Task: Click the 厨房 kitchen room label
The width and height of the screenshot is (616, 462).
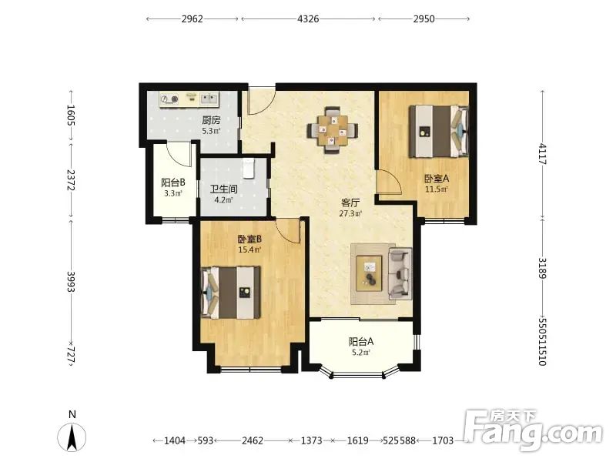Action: coord(211,120)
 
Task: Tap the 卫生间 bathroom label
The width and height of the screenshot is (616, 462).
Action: coord(223,189)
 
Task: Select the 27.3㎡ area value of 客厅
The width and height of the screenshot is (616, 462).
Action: coord(350,214)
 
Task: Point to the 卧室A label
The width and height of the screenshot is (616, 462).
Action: coord(437,179)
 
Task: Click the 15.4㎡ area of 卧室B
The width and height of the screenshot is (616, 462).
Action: coord(249,249)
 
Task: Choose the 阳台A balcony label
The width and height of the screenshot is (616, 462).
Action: coord(361,342)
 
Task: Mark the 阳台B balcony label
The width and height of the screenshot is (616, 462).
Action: coord(172,182)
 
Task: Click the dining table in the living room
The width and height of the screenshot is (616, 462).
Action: coord(333,129)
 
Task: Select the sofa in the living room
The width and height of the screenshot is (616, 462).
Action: coord(400,273)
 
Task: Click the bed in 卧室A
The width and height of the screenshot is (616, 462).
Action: coord(439,131)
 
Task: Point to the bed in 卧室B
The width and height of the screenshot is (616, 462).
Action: coord(230,293)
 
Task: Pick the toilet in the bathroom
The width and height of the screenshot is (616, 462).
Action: coord(249,168)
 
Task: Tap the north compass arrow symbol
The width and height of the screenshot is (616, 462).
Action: coord(72,437)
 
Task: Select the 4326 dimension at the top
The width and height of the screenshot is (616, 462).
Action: coord(308,18)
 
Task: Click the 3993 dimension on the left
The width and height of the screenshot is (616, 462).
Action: coord(71,282)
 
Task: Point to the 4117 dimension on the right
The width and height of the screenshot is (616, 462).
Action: coord(542,154)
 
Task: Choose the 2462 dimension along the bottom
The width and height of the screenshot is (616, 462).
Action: coord(253,440)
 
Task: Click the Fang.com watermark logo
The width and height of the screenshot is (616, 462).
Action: coord(533,430)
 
